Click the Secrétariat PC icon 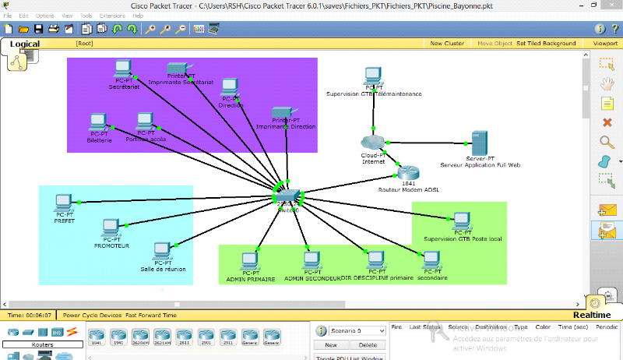tap(122, 69)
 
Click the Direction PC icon tap(230, 86)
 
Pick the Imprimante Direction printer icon tap(282, 112)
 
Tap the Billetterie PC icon tap(98, 122)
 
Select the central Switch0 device tap(289, 194)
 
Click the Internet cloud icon tap(374, 143)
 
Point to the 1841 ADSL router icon tap(408, 174)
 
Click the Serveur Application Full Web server tap(480, 143)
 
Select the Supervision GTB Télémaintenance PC tap(372, 76)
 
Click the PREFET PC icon tap(64, 204)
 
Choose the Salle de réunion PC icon tap(162, 251)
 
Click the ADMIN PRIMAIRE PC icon tap(250, 260)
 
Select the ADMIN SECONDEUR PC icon tap(311, 260)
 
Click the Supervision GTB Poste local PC tap(462, 221)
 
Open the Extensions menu tap(111, 16)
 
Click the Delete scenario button tap(368, 344)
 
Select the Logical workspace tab tap(24, 44)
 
